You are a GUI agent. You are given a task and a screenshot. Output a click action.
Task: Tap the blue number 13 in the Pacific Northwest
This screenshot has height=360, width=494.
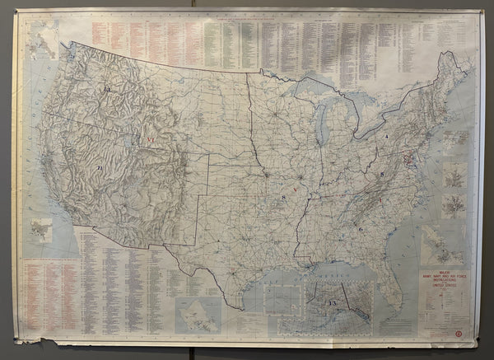point(107,88)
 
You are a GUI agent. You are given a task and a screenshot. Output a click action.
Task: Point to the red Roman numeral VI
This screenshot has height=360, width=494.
point(151,141)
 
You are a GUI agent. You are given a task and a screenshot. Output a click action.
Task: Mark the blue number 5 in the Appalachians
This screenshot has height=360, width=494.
point(382,175)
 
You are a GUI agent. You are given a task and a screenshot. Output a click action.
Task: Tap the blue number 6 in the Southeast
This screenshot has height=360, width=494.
point(361,229)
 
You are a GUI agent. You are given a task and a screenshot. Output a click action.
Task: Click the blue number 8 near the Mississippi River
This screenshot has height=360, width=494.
point(284,198)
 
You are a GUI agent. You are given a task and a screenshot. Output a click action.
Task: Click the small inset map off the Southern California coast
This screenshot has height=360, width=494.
point(40,230)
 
